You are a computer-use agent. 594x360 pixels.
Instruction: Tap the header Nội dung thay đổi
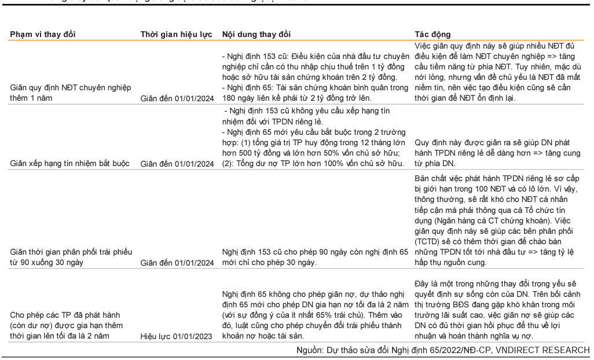click(x=256, y=34)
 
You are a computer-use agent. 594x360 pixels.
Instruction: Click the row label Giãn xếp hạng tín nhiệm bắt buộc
click(x=69, y=163)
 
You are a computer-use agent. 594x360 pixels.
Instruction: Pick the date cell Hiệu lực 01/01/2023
click(x=177, y=335)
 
